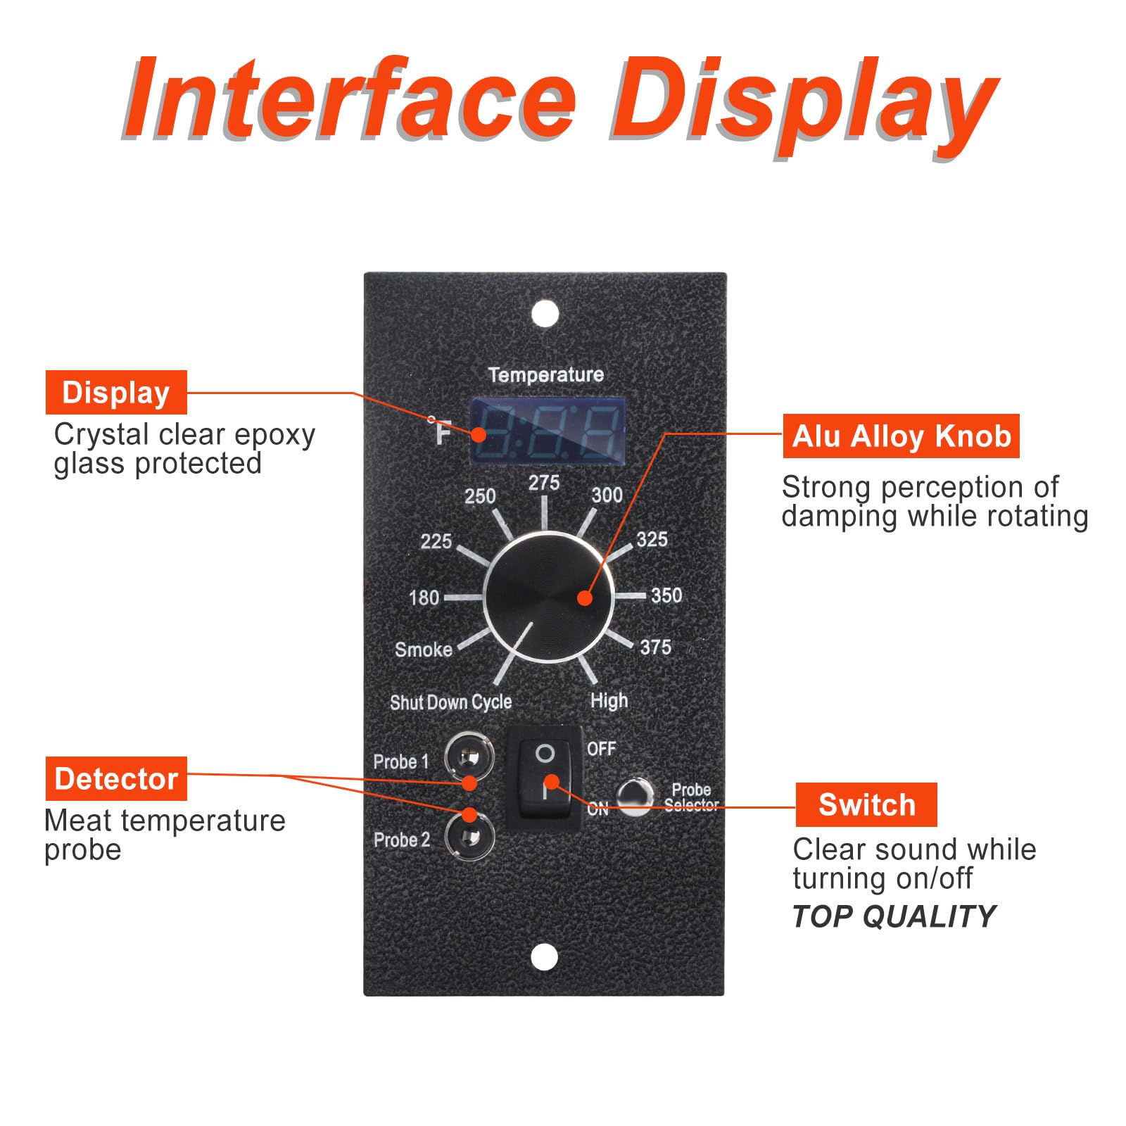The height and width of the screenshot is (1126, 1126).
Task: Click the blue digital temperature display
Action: click(x=548, y=430)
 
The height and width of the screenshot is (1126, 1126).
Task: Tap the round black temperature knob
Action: click(x=548, y=597)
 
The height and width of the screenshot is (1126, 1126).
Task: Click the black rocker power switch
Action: click(x=545, y=778)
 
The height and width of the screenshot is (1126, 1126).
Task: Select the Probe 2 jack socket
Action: click(x=469, y=837)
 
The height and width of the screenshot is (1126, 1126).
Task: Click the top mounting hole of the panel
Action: click(x=545, y=314)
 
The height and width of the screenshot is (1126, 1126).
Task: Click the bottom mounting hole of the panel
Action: click(x=543, y=956)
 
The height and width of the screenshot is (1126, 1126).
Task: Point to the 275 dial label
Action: click(x=544, y=483)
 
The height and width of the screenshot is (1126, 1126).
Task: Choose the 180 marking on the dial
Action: click(x=424, y=597)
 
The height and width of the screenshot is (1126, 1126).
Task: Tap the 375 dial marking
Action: click(x=655, y=647)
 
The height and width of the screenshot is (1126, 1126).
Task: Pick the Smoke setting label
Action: click(x=424, y=649)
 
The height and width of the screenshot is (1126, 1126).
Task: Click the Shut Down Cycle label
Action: click(x=450, y=702)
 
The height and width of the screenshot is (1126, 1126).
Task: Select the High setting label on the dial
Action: click(x=609, y=700)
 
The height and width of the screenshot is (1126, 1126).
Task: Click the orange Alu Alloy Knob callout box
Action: click(x=901, y=436)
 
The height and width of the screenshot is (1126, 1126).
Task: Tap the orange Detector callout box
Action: click(x=116, y=778)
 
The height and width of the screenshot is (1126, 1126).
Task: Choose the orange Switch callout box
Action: click(x=866, y=804)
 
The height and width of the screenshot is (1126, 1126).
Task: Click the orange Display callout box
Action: click(x=116, y=392)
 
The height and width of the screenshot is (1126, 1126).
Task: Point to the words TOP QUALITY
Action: click(x=894, y=916)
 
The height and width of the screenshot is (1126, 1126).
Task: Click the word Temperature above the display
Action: click(x=545, y=374)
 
